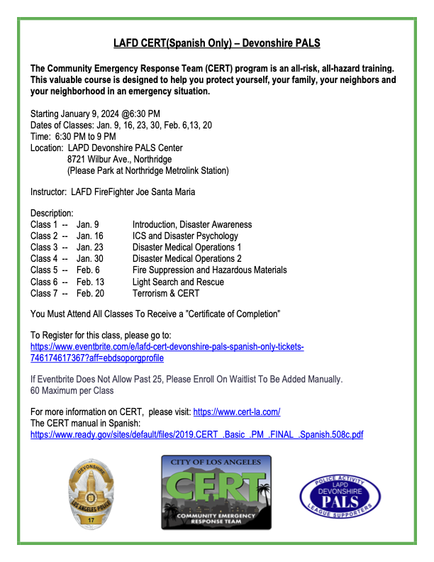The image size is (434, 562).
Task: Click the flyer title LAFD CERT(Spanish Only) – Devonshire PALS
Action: pos(217,44)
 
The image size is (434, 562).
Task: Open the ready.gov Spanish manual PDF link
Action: pos(196,434)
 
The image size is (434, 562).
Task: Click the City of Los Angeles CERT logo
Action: pos(216,492)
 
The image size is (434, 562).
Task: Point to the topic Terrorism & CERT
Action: pos(166,293)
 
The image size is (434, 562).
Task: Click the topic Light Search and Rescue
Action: pos(177,282)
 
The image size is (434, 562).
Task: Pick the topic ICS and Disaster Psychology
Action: pos(185,236)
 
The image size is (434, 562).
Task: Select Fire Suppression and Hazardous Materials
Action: pos(209,270)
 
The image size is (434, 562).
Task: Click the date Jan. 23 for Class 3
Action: pos(90,247)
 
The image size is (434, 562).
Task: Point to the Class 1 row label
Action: pos(45,224)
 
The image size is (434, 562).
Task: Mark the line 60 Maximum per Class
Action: pos(72,390)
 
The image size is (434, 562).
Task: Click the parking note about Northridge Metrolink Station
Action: pos(148,171)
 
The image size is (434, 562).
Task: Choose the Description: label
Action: pos(52,213)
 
